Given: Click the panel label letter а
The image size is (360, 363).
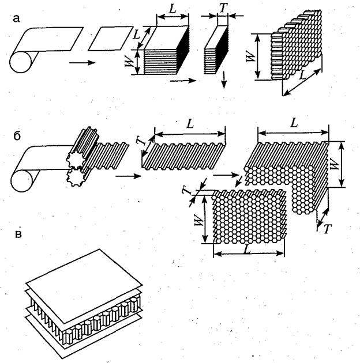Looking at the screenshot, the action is click(x=16, y=18).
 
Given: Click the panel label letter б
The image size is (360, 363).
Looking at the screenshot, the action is click(x=17, y=136).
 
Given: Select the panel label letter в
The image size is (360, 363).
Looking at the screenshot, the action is click(x=18, y=234).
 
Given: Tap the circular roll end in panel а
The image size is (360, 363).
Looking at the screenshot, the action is click(x=20, y=62).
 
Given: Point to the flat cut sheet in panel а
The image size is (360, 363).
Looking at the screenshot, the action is click(x=111, y=39).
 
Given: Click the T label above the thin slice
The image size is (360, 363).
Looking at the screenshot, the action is click(x=223, y=8).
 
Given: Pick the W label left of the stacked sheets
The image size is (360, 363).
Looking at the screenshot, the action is click(x=129, y=62).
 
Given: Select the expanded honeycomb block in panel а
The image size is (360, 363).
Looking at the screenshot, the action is click(x=297, y=45).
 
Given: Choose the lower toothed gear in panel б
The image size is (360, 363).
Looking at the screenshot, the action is click(x=75, y=177).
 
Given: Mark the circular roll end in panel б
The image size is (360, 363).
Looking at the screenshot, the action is click(x=21, y=181).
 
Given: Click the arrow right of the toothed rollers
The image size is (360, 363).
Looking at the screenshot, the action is click(x=128, y=176).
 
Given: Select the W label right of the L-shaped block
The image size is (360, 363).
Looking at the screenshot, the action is click(x=335, y=165).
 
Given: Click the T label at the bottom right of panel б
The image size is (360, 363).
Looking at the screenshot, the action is click(x=327, y=229).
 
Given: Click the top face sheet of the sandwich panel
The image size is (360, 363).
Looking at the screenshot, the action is click(x=84, y=286).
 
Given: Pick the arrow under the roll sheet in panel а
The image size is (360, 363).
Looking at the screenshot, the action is click(x=82, y=63).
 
